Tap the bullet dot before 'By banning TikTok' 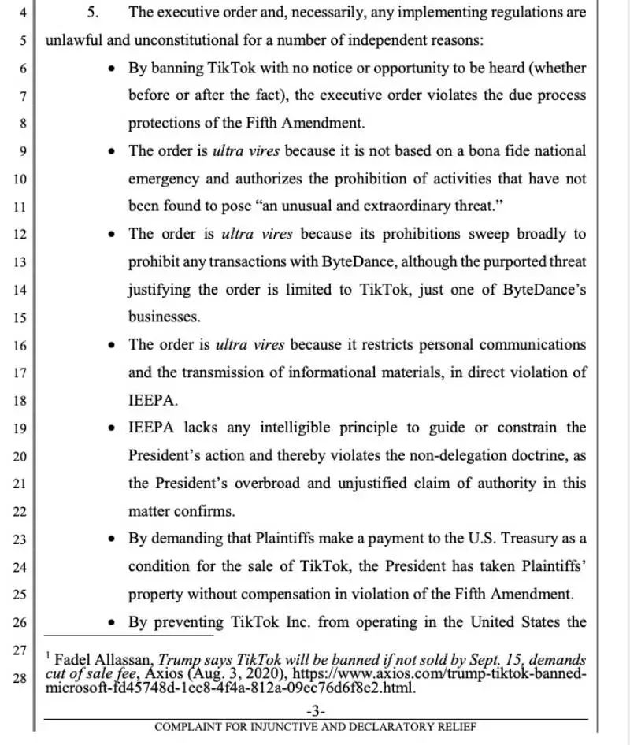coord(112,69)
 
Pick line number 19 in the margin coord(20,428)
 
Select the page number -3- coord(315,711)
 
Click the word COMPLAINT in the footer coord(189,726)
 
